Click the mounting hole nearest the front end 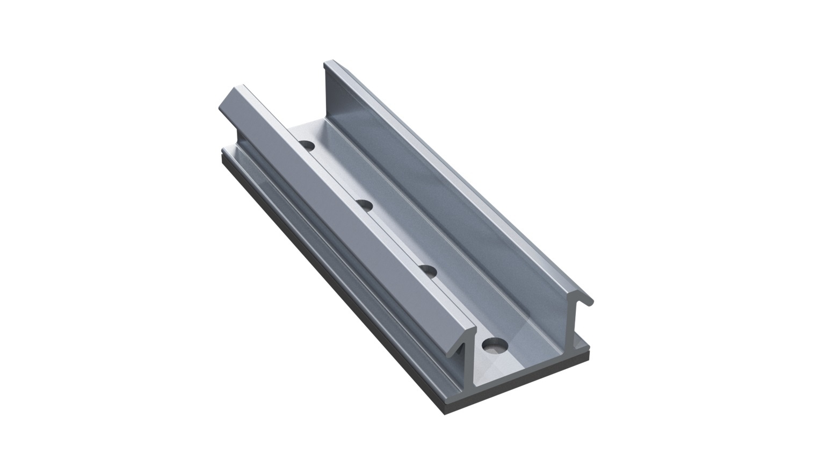point(494,345)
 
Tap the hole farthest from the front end point(307,145)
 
